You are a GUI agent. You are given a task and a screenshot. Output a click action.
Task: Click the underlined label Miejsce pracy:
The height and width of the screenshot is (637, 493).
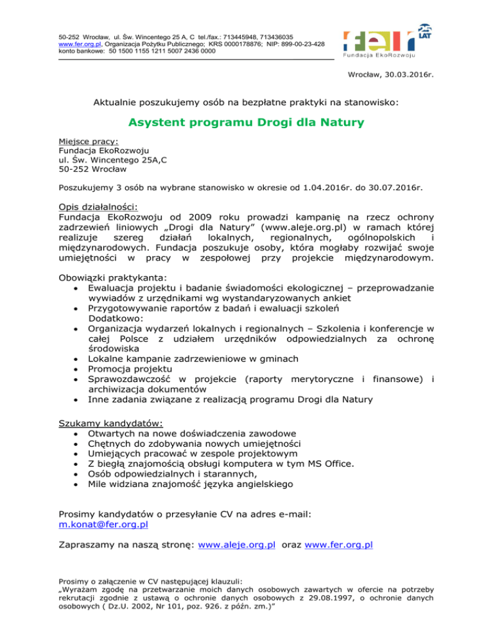(x=83, y=142)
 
